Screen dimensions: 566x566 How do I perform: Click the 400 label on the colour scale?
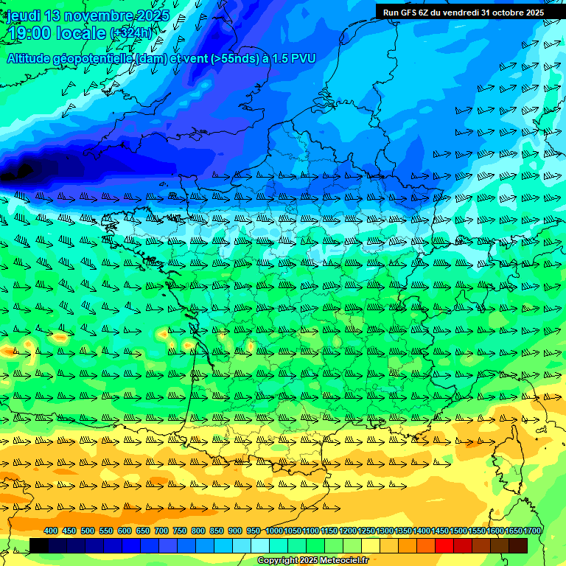pos(51,531)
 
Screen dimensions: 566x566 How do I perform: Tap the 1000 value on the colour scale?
pos(274,531)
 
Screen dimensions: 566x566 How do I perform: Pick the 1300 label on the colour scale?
pos(385,531)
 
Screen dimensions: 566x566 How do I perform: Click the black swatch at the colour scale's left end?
pos(39,545)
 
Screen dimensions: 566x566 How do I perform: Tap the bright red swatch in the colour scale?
pos(444,545)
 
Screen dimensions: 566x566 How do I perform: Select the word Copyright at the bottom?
pos(277,560)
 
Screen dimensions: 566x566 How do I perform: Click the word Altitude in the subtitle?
pos(31,58)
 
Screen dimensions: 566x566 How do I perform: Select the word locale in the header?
pos(81,33)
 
